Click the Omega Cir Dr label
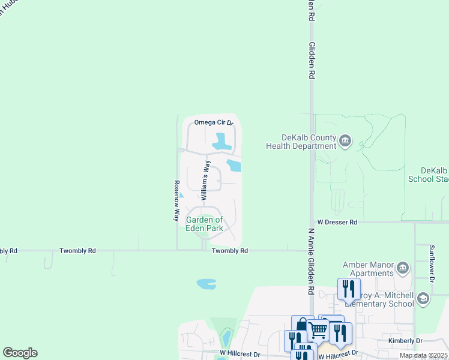click(212, 122)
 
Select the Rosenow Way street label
click(177, 200)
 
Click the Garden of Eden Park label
click(204, 224)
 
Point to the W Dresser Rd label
click(337, 222)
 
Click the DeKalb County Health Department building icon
click(345, 141)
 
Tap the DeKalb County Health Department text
click(301, 142)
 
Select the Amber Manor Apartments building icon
click(403, 266)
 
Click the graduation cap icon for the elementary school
click(423, 298)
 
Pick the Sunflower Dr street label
click(432, 262)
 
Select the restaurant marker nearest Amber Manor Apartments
click(349, 289)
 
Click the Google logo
click(20, 353)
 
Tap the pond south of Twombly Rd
click(206, 283)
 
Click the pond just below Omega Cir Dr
click(221, 142)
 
